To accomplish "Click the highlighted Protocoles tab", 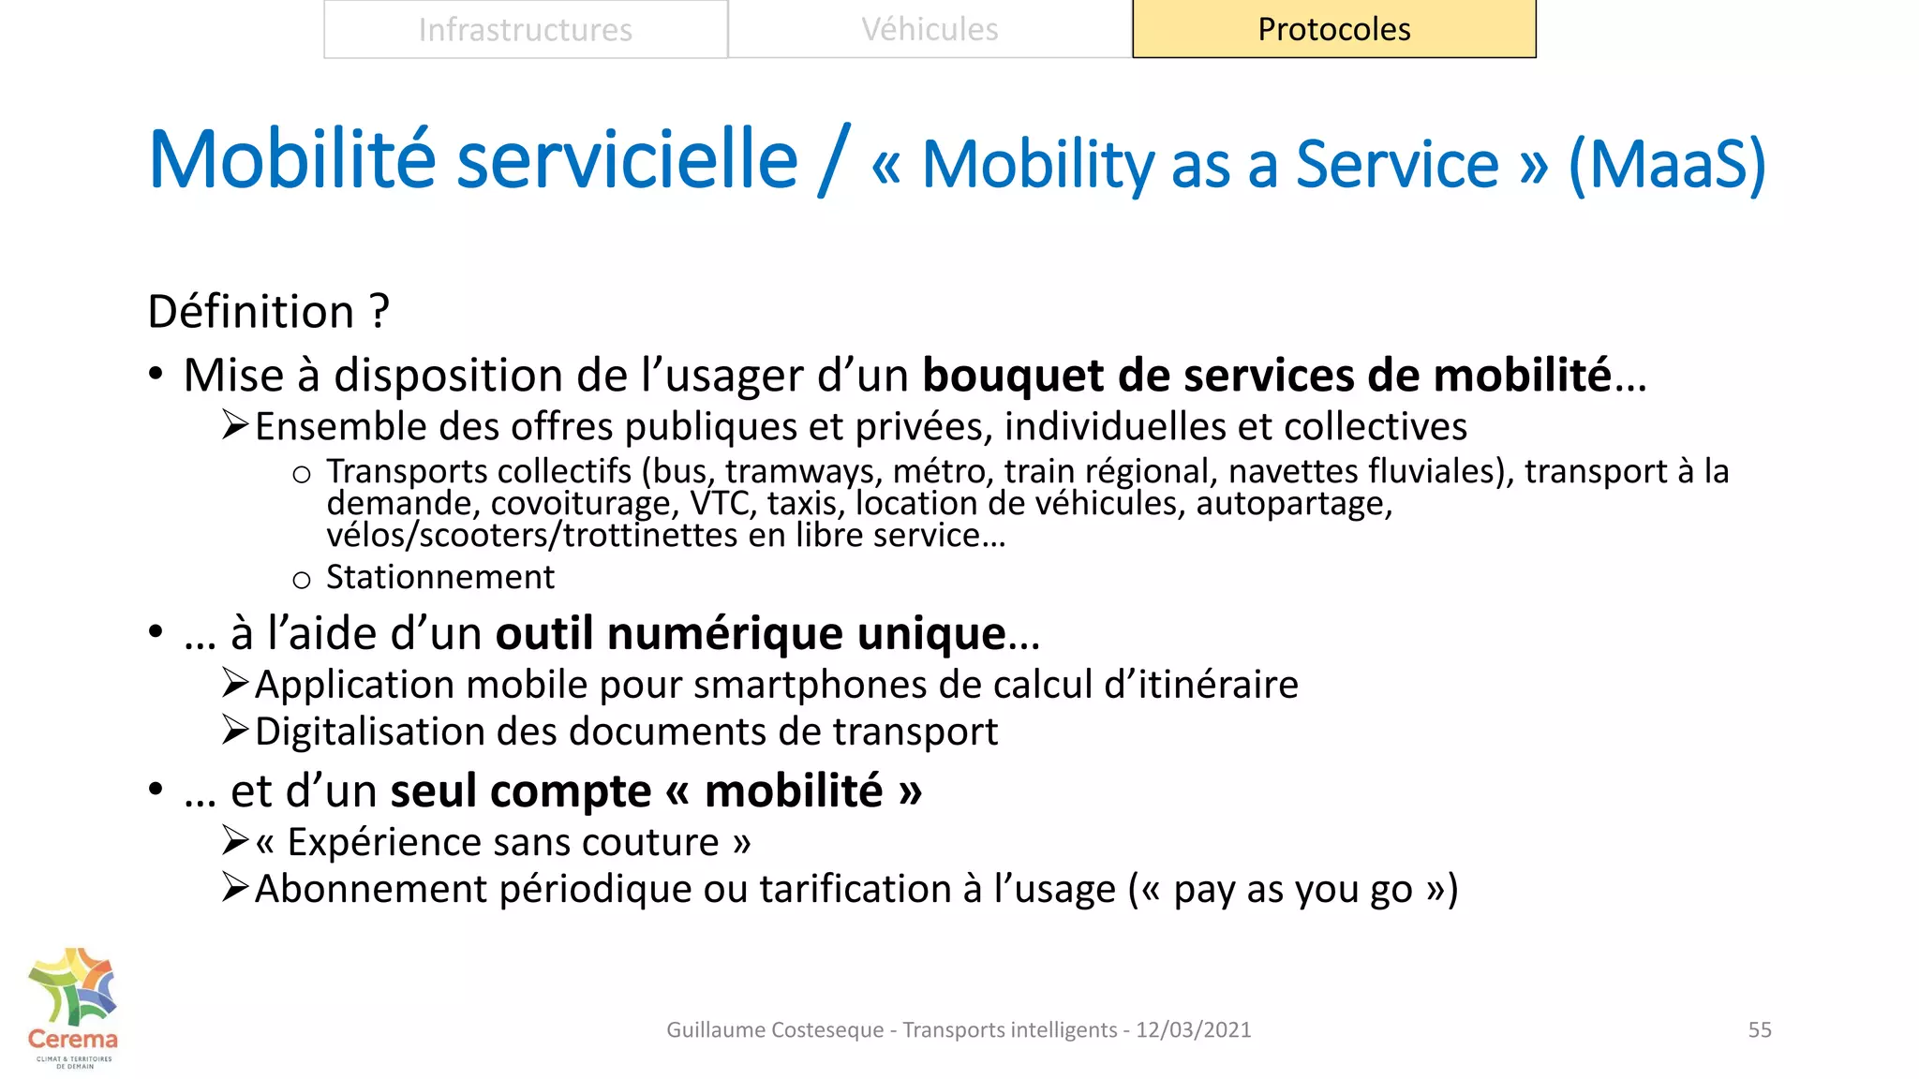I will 1333,29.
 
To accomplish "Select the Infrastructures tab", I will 525,29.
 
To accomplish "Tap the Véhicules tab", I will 930,29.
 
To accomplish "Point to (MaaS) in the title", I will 1667,165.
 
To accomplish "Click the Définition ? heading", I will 268,311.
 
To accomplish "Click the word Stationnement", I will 439,577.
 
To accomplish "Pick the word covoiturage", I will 581,505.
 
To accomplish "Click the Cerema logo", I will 73,1008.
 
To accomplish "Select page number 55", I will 1759,1029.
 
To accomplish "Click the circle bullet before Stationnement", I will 301,581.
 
